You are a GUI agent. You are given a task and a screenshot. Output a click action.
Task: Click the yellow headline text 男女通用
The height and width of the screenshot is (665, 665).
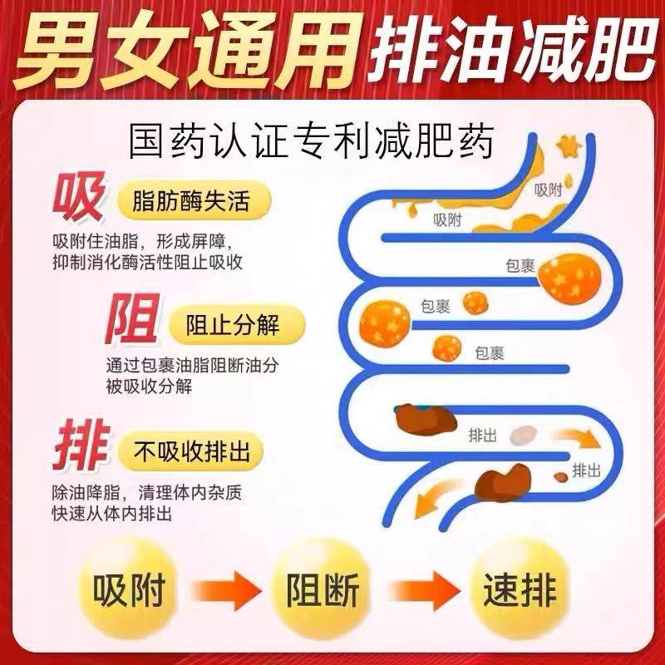coord(180,47)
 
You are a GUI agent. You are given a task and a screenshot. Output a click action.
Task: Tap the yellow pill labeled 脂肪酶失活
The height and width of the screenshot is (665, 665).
coord(190,202)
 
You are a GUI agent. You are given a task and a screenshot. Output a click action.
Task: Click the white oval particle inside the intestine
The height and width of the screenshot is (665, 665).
coord(522,436)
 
